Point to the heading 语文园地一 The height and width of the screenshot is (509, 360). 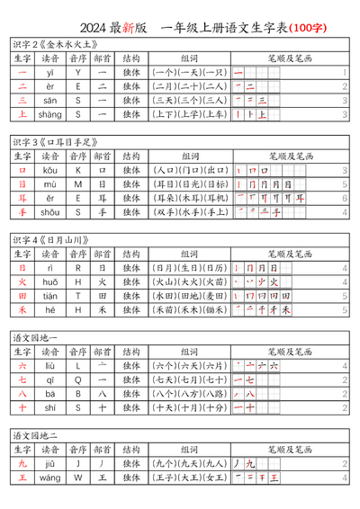pyautogui.click(x=35, y=338)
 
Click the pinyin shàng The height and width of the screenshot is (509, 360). pyautogui.click(x=49, y=114)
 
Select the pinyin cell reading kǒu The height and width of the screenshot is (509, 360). pyautogui.click(x=49, y=170)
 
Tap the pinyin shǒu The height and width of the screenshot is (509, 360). pyautogui.click(x=49, y=212)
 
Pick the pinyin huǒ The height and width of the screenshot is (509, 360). pyautogui.click(x=49, y=281)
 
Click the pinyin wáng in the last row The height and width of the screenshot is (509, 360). pyautogui.click(x=49, y=478)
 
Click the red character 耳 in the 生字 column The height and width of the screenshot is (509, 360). pyautogui.click(x=22, y=198)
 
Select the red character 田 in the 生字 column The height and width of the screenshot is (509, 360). pyautogui.click(x=22, y=296)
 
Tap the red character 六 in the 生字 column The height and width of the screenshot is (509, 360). pyautogui.click(x=22, y=366)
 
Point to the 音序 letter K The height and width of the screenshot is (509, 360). pyautogui.click(x=78, y=170)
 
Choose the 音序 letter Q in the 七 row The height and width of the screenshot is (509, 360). pyautogui.click(x=78, y=380)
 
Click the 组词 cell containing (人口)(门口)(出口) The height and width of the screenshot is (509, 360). pyautogui.click(x=189, y=170)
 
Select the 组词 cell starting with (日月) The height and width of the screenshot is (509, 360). pyautogui.click(x=189, y=268)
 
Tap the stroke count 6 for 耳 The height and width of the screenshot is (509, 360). pyautogui.click(x=345, y=198)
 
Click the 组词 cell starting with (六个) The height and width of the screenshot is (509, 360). pyautogui.click(x=189, y=366)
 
